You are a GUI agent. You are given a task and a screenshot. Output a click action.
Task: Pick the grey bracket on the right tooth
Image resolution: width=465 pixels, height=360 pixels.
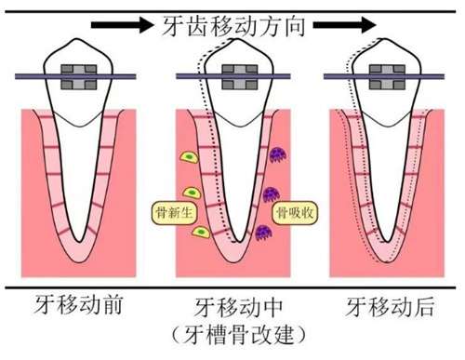pos(384,77)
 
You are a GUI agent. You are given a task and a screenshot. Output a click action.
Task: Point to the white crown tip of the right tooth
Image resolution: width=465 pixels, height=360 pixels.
pos(384,39)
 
